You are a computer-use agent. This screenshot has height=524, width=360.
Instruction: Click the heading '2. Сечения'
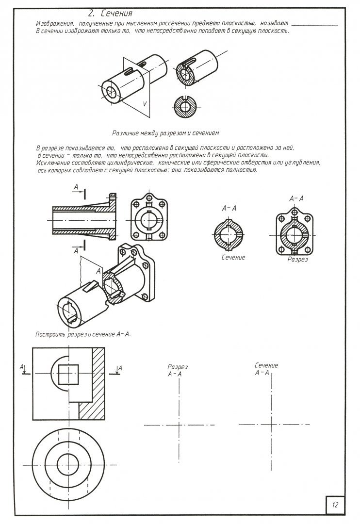(110, 14)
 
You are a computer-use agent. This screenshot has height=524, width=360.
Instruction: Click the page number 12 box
(335, 504)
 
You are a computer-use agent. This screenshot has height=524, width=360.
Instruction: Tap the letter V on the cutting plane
(145, 103)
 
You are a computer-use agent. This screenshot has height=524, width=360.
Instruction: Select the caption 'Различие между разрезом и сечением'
(166, 131)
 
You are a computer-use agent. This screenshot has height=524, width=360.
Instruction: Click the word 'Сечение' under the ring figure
(233, 257)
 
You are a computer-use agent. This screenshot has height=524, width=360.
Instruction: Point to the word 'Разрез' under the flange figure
(298, 259)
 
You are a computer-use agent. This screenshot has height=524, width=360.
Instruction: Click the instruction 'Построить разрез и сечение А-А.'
(84, 334)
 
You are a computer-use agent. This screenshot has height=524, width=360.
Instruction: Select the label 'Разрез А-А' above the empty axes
(177, 371)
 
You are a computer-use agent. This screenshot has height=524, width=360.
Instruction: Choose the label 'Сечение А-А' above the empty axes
(266, 369)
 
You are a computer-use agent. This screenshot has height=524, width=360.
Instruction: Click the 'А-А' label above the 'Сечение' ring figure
(229, 208)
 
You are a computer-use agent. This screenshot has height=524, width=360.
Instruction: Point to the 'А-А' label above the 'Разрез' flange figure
(296, 198)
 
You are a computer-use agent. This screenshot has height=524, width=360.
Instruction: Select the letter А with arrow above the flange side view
(76, 187)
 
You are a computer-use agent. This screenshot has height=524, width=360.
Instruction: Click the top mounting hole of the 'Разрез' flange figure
(295, 211)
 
